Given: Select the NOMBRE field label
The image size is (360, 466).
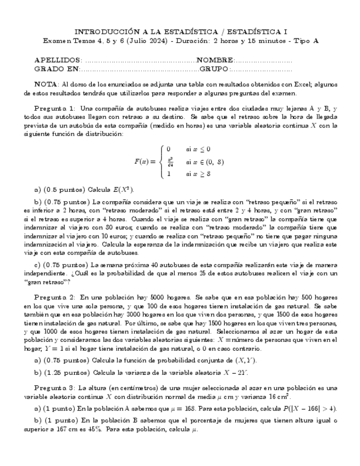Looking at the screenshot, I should click(x=215, y=60).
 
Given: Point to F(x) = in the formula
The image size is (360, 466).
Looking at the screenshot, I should click(x=145, y=162).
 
